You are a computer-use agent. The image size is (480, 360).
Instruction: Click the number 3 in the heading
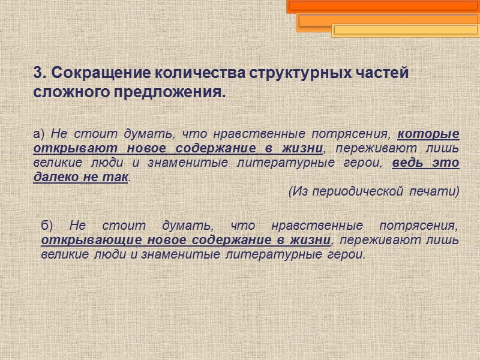(38, 73)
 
